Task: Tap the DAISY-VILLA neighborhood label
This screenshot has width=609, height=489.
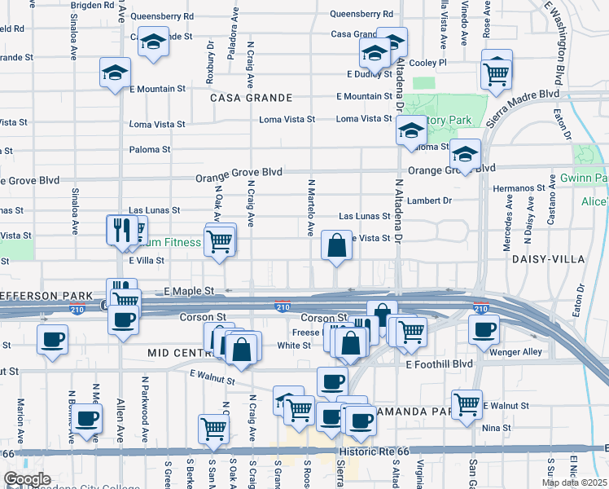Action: tap(545, 258)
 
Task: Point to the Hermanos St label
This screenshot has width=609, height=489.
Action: tap(518, 188)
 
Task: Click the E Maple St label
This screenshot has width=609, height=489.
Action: tap(188, 291)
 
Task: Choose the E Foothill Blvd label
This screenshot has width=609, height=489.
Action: tap(439, 363)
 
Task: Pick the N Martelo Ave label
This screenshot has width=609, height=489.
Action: tap(310, 207)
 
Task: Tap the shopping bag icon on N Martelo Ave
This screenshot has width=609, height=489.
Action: tap(336, 244)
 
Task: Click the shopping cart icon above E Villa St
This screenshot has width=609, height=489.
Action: tap(220, 240)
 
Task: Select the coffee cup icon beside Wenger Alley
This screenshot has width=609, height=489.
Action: tap(484, 329)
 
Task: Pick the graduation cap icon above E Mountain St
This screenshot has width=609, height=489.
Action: tap(115, 72)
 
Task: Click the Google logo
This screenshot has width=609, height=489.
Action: tap(27, 479)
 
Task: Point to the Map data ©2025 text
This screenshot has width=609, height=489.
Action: tap(573, 482)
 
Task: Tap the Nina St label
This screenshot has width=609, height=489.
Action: tap(496, 427)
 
